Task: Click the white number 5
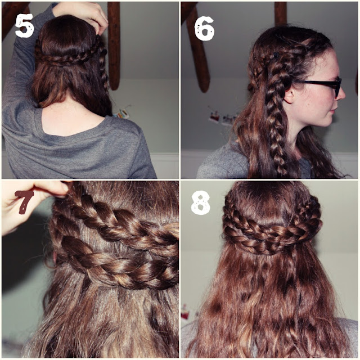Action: [x=25, y=25]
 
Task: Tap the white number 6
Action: [x=204, y=28]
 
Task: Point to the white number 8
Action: [x=200, y=203]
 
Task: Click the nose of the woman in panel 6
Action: [x=341, y=93]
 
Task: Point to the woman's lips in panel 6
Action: [x=332, y=112]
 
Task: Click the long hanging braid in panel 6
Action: [x=276, y=110]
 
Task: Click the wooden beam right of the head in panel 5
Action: [x=114, y=46]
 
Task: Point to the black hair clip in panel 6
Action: [x=276, y=55]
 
